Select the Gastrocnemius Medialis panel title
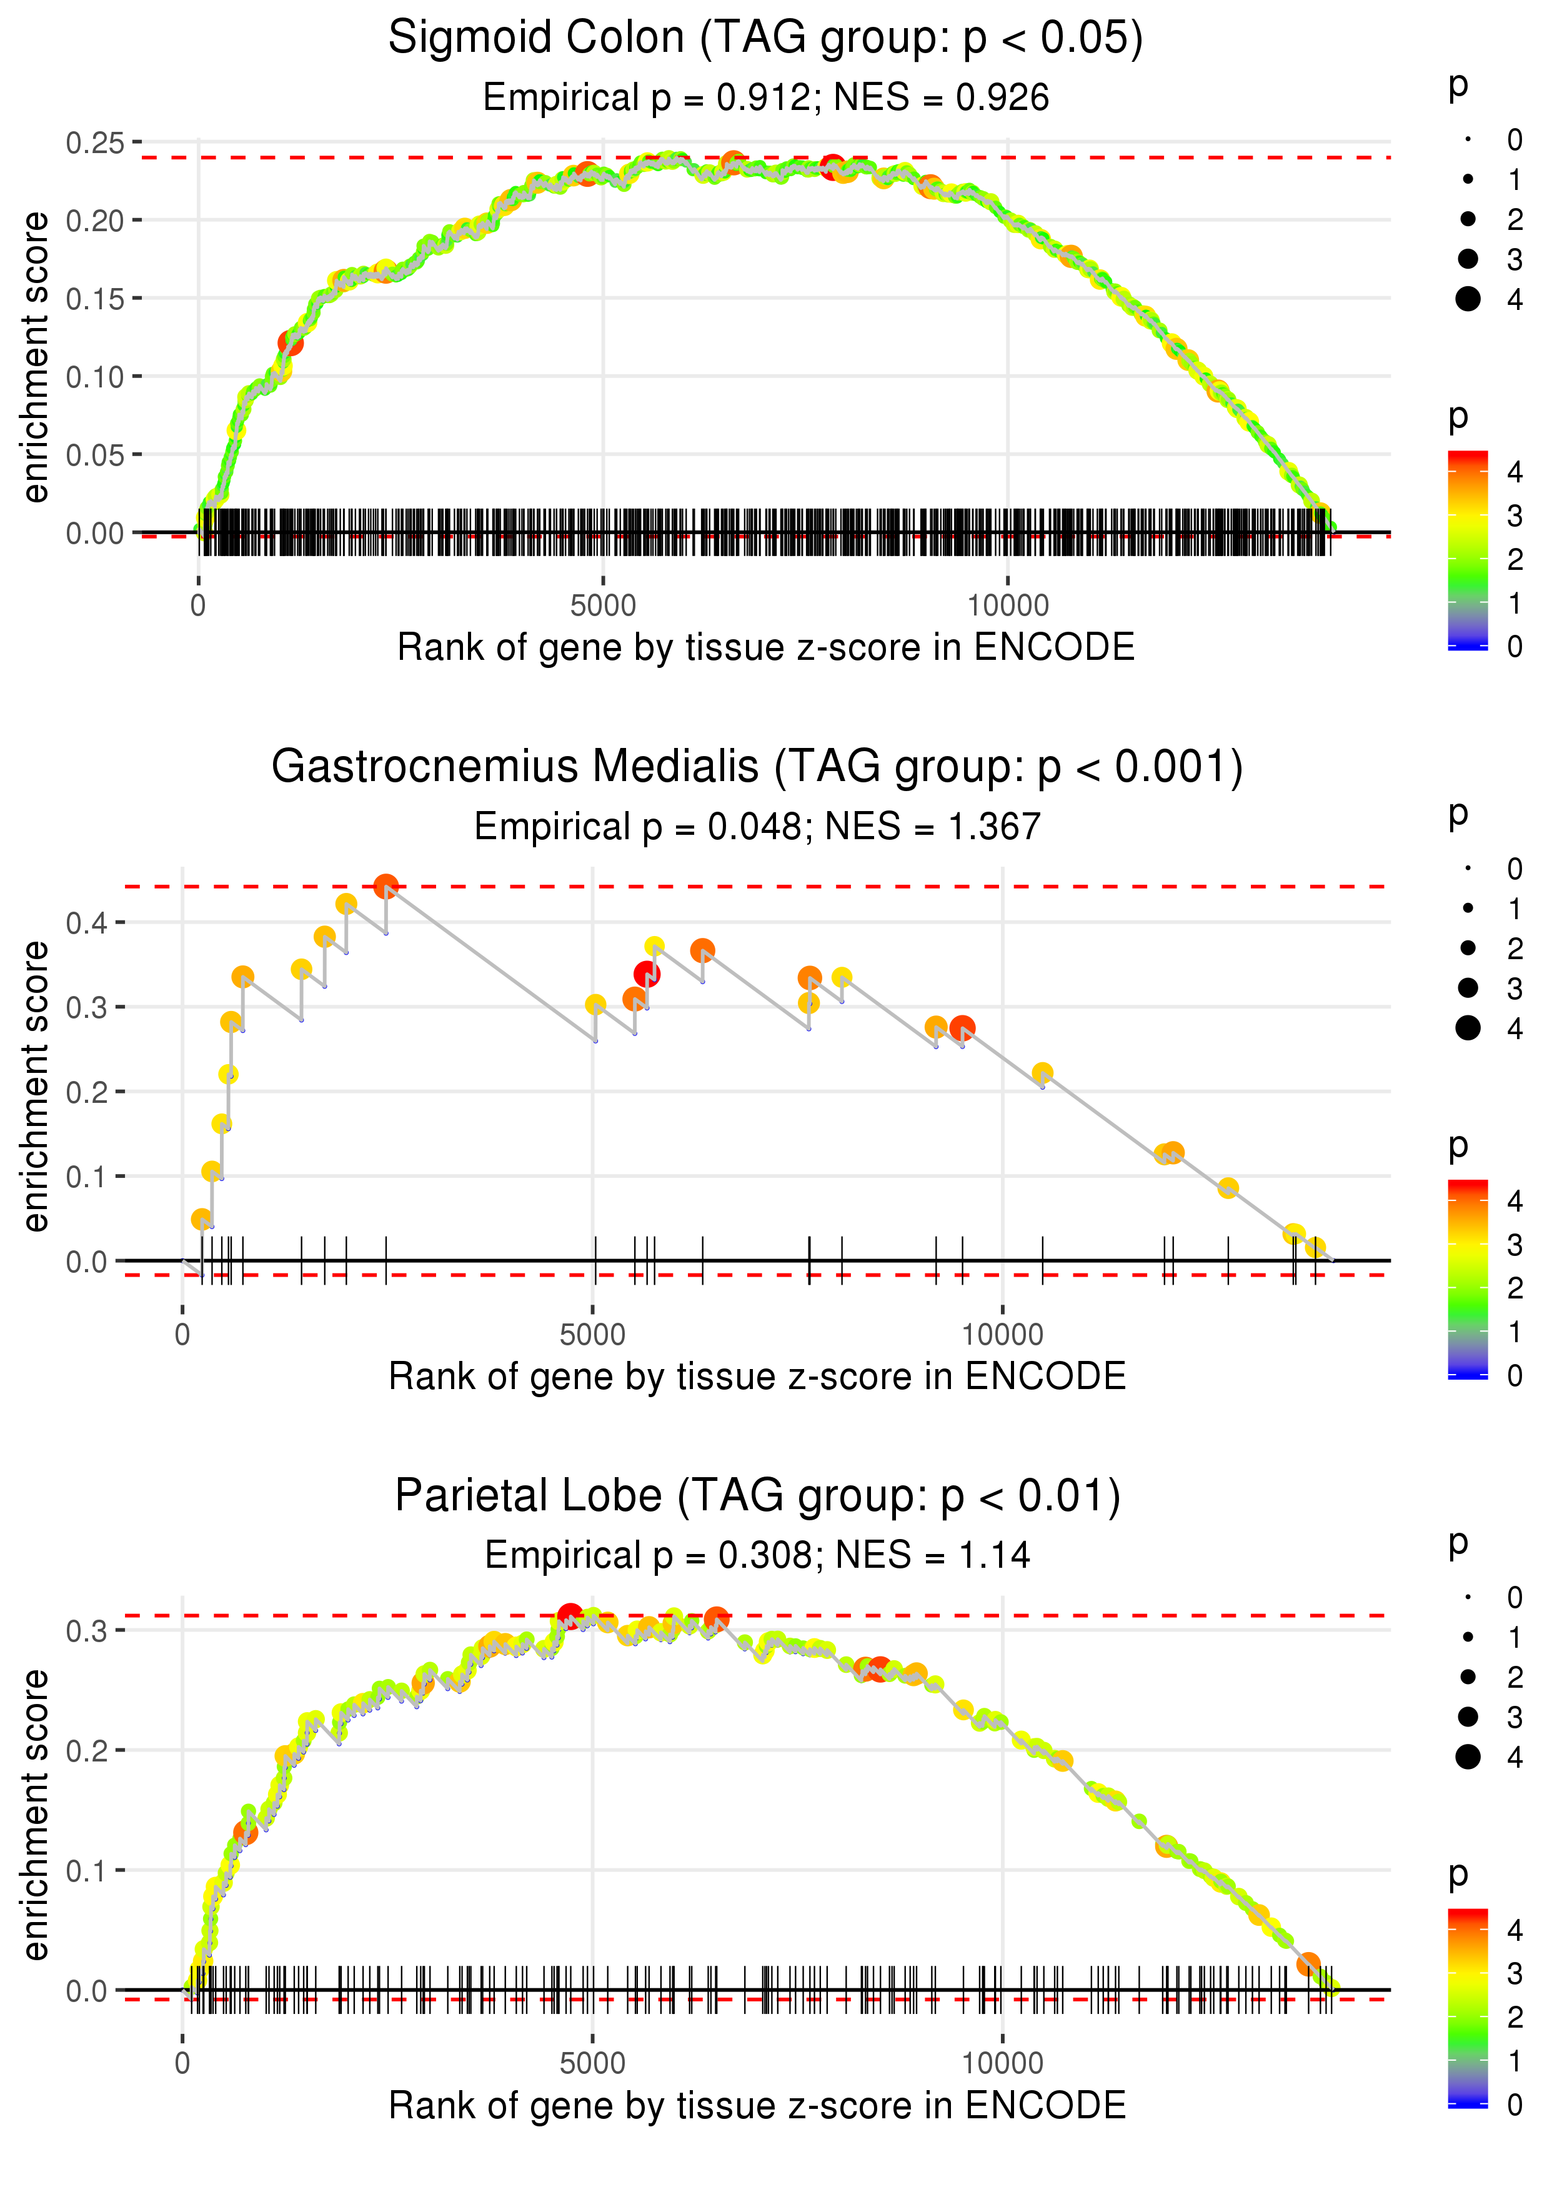(757, 767)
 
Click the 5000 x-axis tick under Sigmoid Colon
(603, 606)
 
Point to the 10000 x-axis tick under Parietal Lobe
(1002, 2063)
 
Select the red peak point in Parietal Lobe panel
(569, 1615)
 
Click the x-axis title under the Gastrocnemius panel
(757, 1377)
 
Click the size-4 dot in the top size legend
(1468, 299)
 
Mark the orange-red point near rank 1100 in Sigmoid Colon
(291, 342)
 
